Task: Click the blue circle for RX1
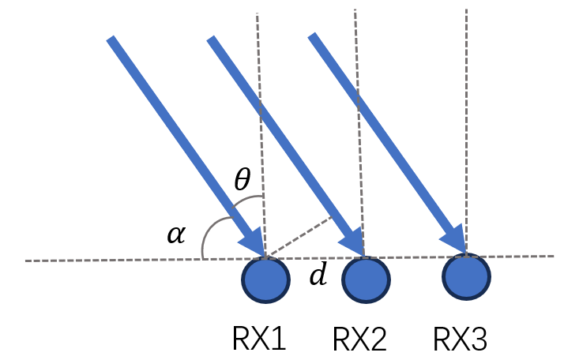coord(265,280)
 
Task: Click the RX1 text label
coord(259,339)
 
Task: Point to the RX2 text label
coord(359,339)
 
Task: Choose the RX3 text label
coord(461,339)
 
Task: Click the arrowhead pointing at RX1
coord(253,240)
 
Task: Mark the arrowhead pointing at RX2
coord(353,240)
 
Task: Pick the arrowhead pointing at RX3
coord(454,237)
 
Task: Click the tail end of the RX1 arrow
coord(111,40)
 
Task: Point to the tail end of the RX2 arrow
coord(212,40)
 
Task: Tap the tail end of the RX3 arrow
coord(313,37)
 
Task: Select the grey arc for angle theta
coord(245,198)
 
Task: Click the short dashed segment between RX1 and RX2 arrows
coord(299,236)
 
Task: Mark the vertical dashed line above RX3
coord(466,118)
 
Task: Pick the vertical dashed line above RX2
coord(359,118)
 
